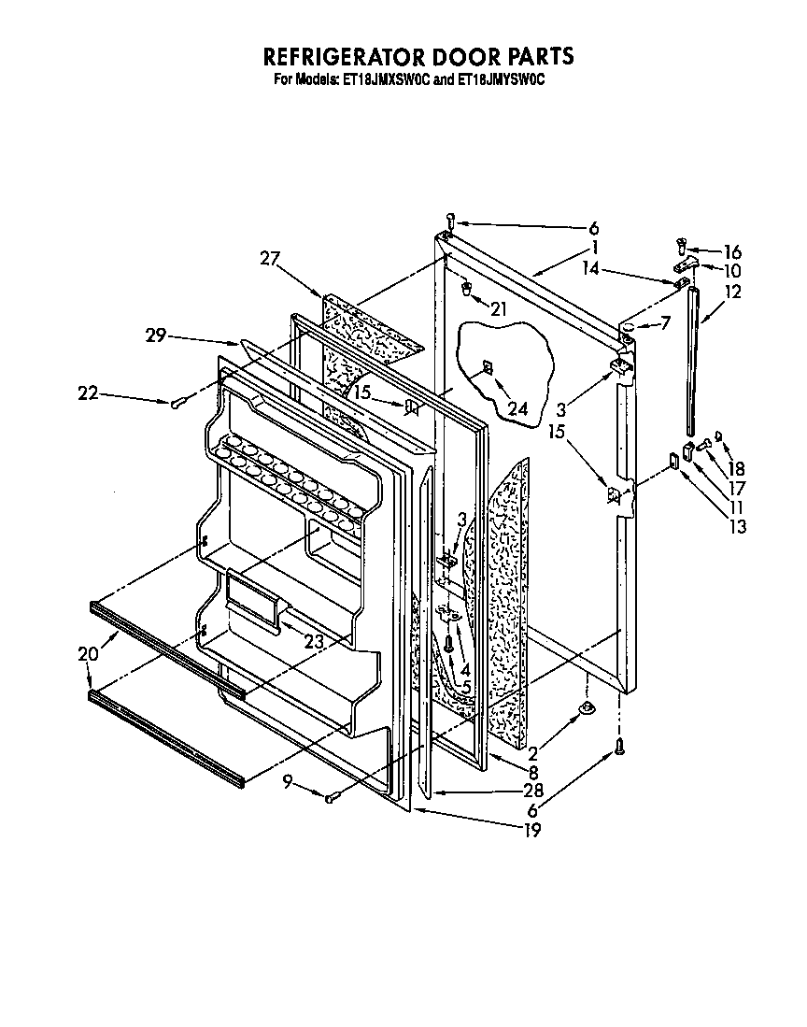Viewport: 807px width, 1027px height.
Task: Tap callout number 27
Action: (x=270, y=260)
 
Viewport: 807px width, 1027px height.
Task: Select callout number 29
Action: (x=156, y=335)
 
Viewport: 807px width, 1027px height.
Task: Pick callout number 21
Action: (x=499, y=309)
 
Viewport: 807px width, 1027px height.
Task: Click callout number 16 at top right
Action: (x=732, y=251)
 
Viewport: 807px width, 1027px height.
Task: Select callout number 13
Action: (x=739, y=527)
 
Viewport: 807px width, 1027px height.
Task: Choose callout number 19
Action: (x=532, y=828)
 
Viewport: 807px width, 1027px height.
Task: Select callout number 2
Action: (x=532, y=752)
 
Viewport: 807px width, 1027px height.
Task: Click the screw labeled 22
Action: (x=180, y=402)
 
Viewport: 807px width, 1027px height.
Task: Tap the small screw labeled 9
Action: (x=331, y=798)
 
